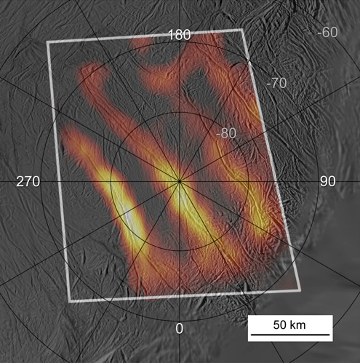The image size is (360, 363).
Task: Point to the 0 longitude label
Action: (180, 328)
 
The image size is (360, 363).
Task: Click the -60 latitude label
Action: (329, 32)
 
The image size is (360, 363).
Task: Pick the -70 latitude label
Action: (277, 84)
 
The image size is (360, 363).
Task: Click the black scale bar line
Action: (290, 335)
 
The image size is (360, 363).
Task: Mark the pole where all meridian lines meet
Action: (179, 181)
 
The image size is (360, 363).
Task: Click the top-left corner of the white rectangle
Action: (48, 42)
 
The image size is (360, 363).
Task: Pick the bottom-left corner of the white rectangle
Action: (71, 300)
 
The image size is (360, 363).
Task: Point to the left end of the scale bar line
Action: (250, 335)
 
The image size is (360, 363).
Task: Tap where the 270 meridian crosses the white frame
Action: (60, 181)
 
